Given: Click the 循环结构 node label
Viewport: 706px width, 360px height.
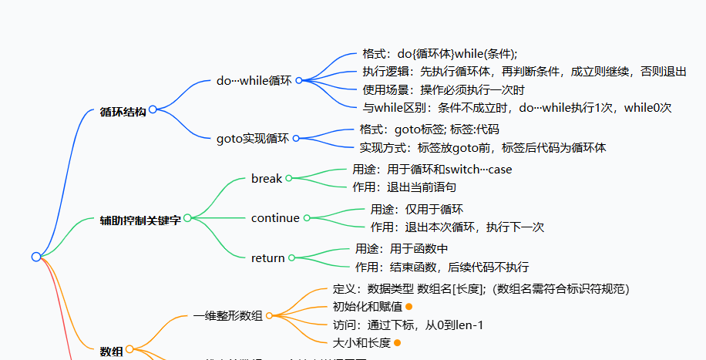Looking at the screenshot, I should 123,111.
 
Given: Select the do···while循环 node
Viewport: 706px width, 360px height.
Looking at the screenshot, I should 254,80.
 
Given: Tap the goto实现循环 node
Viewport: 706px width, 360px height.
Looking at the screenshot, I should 253,139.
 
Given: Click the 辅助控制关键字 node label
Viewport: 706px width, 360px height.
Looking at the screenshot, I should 140,220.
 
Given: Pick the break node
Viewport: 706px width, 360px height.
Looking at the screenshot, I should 267,178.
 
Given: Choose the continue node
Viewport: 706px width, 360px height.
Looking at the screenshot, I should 275,218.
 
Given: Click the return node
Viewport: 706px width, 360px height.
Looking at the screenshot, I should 268,258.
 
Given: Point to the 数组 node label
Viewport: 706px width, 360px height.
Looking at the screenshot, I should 112,352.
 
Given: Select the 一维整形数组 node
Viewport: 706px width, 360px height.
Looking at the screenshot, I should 228,316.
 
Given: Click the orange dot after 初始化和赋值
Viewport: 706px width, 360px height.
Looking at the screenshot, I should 388,307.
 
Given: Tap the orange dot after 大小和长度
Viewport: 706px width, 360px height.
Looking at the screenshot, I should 397,342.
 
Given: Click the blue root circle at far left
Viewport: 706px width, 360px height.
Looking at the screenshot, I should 36,257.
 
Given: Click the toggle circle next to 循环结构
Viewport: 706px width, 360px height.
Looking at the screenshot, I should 153,109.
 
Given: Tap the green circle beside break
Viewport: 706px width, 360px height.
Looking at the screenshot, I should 289,178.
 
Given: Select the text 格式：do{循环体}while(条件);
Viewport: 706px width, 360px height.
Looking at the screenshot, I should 439,54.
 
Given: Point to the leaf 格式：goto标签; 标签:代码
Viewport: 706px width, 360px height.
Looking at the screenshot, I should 429,130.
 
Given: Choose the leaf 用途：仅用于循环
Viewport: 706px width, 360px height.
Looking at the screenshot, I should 417,209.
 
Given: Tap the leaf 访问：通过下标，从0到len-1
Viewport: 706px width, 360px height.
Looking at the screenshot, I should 408,325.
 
